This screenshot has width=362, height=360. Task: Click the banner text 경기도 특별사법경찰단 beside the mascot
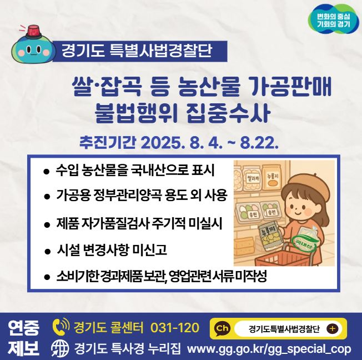pyautogui.click(x=137, y=52)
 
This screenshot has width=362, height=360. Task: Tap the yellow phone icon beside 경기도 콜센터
pyautogui.click(x=59, y=328)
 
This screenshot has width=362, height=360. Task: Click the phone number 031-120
pyautogui.click(x=174, y=328)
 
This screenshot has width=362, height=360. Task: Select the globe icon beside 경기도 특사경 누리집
pyautogui.click(x=59, y=349)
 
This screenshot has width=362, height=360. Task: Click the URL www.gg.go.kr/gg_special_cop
pyautogui.click(x=269, y=349)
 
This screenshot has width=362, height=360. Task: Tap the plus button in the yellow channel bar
pyautogui.click(x=333, y=328)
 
